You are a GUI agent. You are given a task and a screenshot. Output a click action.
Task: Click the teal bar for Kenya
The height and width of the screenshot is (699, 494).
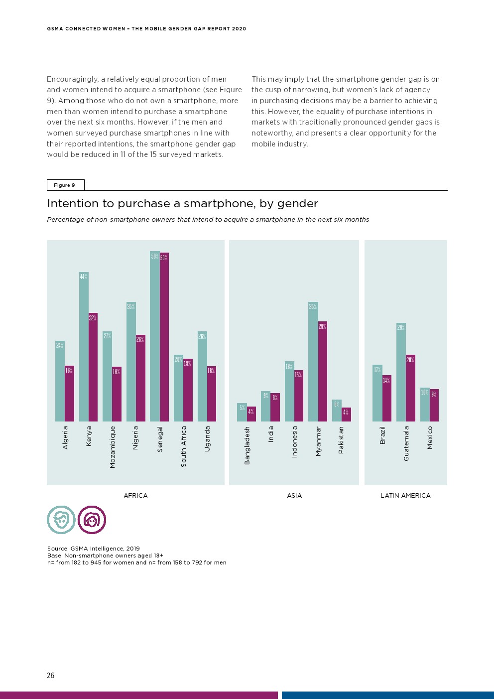[x=84, y=349]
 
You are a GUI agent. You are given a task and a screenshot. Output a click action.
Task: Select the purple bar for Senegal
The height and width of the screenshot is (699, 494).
[x=164, y=339]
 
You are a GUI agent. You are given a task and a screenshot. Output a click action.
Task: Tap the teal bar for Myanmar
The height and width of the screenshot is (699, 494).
[x=313, y=364]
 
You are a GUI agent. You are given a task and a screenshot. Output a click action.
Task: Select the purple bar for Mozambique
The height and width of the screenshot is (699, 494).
[x=117, y=396]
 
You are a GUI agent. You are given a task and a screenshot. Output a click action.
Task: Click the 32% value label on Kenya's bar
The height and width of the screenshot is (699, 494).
[x=93, y=318]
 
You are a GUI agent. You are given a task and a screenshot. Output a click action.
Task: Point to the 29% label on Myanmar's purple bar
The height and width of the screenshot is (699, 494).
[x=322, y=326]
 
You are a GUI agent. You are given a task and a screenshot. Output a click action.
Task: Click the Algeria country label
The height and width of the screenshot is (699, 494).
[x=65, y=437]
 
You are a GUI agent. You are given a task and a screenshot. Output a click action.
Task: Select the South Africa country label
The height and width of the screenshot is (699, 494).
[x=184, y=446]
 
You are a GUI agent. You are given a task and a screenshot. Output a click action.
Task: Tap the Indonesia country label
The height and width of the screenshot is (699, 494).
[x=294, y=442]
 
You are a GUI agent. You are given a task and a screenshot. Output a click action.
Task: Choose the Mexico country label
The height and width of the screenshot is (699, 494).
[x=430, y=437]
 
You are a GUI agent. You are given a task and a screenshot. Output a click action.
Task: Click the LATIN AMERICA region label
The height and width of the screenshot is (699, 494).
[x=405, y=496]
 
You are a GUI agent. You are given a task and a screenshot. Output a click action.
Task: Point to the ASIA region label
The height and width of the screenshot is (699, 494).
[x=294, y=496]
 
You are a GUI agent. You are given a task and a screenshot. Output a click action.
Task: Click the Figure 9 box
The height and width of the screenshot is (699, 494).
[x=65, y=185]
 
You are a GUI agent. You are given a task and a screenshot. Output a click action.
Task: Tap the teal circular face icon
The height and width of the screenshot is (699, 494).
[x=61, y=520]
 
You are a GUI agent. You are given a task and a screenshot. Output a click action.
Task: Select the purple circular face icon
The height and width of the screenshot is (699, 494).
[x=92, y=520]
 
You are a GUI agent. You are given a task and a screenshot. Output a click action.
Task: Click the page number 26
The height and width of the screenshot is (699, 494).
[x=50, y=676]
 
